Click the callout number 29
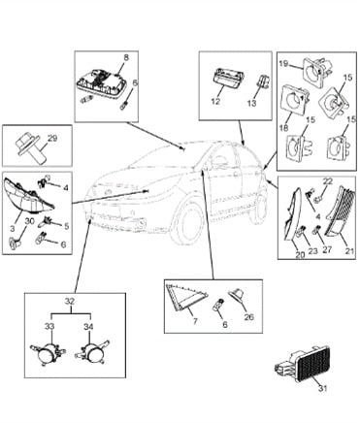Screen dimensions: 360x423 point(52,138)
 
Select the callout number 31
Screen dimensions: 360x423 point(322,388)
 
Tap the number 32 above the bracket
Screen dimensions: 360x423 point(70,302)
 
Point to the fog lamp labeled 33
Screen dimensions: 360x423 point(48,352)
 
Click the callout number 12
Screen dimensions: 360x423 point(215,101)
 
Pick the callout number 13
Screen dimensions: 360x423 point(251,103)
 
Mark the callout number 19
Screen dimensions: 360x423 point(283,64)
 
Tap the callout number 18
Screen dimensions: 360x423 point(283,127)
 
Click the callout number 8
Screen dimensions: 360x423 point(126,57)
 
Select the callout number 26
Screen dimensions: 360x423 point(249,316)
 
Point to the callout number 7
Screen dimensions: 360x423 point(195,321)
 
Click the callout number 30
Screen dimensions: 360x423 point(29,221)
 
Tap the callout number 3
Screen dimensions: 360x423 point(13,228)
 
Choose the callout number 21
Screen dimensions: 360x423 point(349,251)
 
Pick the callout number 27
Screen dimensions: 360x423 point(327,249)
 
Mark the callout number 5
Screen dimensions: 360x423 point(66,226)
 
